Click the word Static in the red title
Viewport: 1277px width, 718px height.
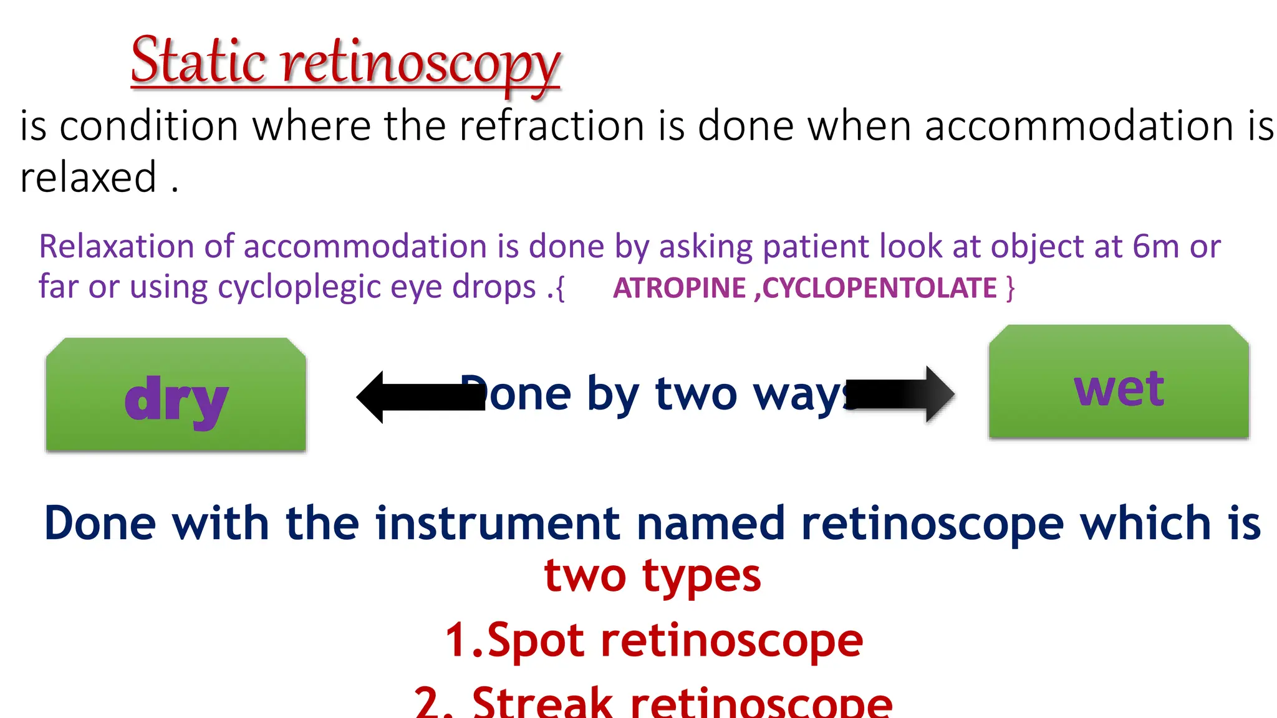tap(198, 60)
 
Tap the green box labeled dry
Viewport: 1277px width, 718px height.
tap(176, 395)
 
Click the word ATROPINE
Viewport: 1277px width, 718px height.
tap(679, 288)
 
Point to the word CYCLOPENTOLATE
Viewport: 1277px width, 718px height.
tap(879, 288)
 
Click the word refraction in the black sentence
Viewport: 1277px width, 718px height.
tap(554, 126)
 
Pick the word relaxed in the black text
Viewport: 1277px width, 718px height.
tap(88, 178)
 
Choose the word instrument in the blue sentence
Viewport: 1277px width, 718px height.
tap(498, 523)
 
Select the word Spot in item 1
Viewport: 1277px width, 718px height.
tap(535, 640)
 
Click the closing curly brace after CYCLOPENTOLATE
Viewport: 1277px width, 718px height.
tap(1010, 288)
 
